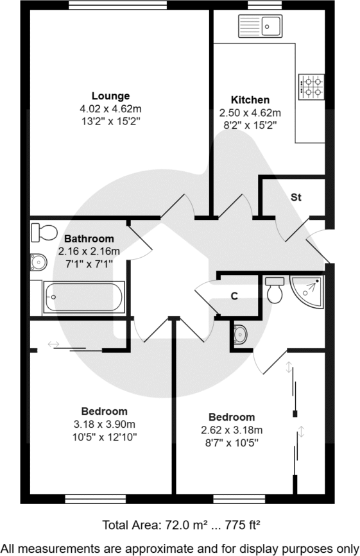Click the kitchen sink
pos(260,26)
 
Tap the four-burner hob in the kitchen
pos(311,87)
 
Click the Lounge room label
pos(110,96)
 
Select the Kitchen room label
pos(250,100)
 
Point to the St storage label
pos(296,198)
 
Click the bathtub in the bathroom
pos(83,298)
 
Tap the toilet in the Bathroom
pos(44,232)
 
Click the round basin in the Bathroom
pos(38,262)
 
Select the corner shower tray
pos(308,289)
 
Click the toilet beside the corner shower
pos(275,290)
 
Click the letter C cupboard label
pos(234,296)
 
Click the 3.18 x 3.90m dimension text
pos(104,424)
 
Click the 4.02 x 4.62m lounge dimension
pos(110,108)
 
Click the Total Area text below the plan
pos(180,525)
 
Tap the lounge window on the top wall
pos(118,5)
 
